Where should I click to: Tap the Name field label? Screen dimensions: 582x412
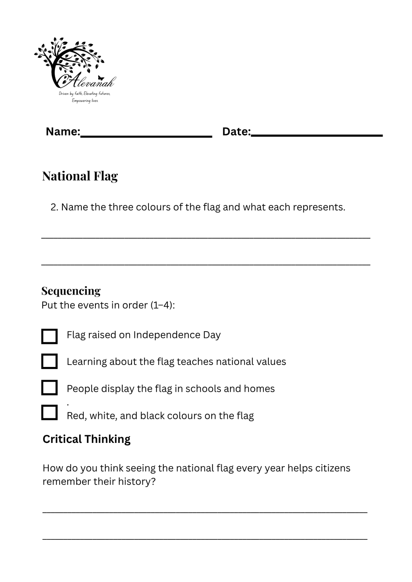pyautogui.click(x=63, y=131)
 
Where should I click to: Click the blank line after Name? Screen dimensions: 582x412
pyautogui.click(x=146, y=135)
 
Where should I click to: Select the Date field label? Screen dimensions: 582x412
pyautogui.click(x=236, y=131)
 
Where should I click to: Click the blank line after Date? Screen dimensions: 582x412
pyautogui.click(x=317, y=135)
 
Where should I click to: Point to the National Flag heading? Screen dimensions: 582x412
pyautogui.click(x=80, y=176)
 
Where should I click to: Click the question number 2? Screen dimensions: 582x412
pyautogui.click(x=54, y=207)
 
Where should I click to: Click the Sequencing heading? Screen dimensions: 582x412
pyautogui.click(x=71, y=291)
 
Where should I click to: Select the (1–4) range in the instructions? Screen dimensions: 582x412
pyautogui.click(x=162, y=305)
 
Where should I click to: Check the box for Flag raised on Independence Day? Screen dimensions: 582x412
pyautogui.click(x=49, y=336)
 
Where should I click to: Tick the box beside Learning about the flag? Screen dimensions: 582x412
pyautogui.click(x=49, y=361)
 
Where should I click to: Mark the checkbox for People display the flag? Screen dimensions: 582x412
pyautogui.click(x=49, y=388)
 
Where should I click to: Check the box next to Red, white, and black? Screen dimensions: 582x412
pyautogui.click(x=49, y=413)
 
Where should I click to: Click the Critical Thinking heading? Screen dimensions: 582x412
pyautogui.click(x=87, y=439)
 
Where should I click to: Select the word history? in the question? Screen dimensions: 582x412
pyautogui.click(x=136, y=482)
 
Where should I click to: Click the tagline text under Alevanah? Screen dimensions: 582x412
pyautogui.click(x=84, y=97)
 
